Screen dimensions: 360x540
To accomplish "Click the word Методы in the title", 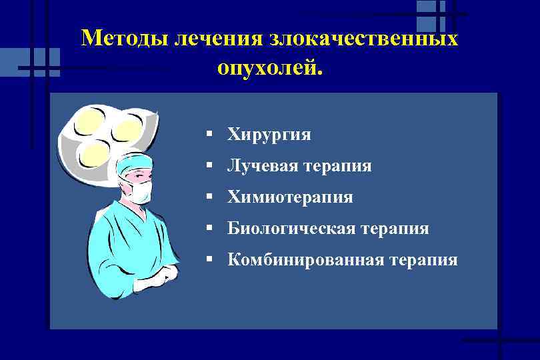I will pyautogui.click(x=124, y=38).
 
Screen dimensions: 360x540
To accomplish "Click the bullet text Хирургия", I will pyautogui.click(x=269, y=135).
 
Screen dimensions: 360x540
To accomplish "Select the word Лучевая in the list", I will pyautogui.click(x=261, y=166).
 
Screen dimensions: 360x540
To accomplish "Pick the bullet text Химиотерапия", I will pyautogui.click(x=290, y=197).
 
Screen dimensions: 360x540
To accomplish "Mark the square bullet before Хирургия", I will pyautogui.click(x=209, y=134).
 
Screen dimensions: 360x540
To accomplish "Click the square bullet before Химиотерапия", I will pyautogui.click(x=209, y=197).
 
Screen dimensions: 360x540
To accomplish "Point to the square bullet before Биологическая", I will pyautogui.click(x=209, y=228).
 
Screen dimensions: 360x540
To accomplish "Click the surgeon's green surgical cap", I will pyautogui.click(x=135, y=161).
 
